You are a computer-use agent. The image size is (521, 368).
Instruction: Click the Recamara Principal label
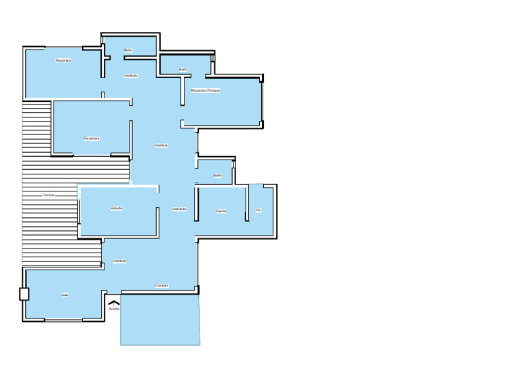tap(205, 90)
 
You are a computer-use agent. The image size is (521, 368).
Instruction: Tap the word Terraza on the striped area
tap(48, 195)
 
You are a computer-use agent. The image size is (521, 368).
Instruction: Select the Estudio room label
tap(117, 208)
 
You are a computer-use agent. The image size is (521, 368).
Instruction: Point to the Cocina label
tap(221, 211)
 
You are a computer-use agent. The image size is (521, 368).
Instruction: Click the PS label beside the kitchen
tap(258, 210)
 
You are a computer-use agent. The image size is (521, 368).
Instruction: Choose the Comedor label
tap(161, 286)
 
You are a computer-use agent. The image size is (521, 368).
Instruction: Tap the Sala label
tap(65, 295)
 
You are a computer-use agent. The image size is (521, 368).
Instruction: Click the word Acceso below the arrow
tap(114, 309)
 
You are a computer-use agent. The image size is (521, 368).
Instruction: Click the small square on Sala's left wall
tap(24, 294)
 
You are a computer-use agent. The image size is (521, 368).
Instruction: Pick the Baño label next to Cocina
tap(218, 175)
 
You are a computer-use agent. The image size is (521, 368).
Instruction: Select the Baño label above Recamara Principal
tap(183, 69)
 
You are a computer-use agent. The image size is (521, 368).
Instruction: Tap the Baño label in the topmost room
tap(128, 50)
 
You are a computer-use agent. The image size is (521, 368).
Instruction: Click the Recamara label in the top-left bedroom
tap(64, 60)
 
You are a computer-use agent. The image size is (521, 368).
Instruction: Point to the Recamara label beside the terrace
tap(92, 139)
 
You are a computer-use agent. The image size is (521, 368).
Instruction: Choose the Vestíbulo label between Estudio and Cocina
tap(179, 209)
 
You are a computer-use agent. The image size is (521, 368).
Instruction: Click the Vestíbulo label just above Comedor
tap(119, 261)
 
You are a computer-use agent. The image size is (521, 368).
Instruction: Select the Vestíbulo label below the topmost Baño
tap(131, 76)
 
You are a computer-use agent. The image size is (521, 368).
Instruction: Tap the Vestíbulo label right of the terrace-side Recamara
tap(161, 145)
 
